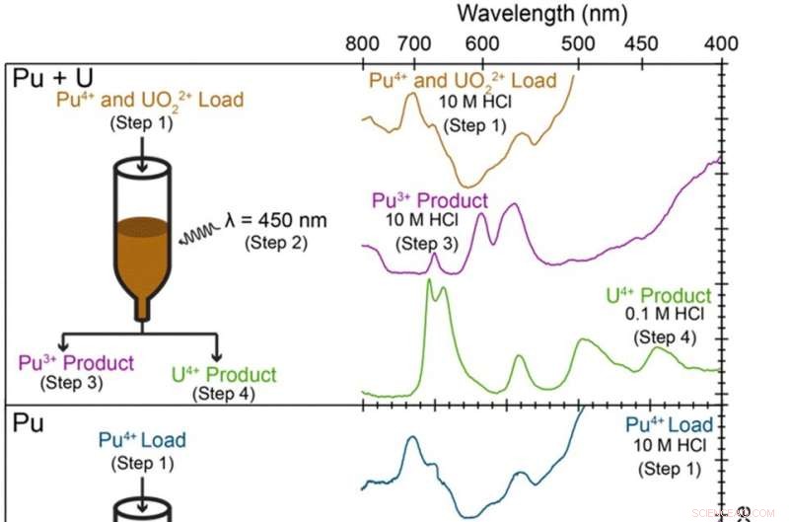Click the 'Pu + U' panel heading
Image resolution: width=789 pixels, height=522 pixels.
(x=45, y=80)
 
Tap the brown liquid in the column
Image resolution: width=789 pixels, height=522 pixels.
(x=142, y=257)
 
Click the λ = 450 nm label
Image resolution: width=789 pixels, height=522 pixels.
(x=274, y=219)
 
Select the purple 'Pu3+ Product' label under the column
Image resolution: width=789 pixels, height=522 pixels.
(x=76, y=363)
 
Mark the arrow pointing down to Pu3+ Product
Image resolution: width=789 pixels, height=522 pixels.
(x=63, y=343)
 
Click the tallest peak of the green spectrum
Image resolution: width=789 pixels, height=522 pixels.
(x=428, y=282)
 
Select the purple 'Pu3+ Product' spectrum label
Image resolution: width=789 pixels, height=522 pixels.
(x=430, y=201)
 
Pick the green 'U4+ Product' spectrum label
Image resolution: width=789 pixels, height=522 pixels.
(x=658, y=296)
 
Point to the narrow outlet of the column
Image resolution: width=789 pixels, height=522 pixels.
(x=142, y=312)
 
